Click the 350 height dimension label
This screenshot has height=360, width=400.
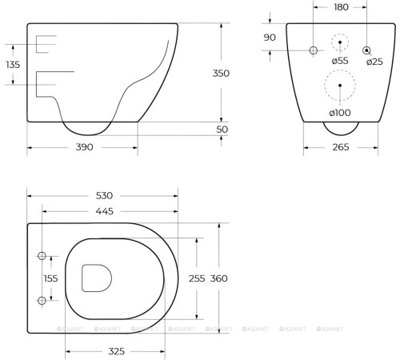pos(221,74)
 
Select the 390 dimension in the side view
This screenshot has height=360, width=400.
pos(84,147)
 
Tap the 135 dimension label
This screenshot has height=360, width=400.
pos(13,65)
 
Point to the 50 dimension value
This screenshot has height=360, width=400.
pos(222,130)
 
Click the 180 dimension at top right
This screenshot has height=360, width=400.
pos(341,7)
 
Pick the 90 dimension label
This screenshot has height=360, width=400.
pos(270,38)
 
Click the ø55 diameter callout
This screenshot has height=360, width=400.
pos(340,61)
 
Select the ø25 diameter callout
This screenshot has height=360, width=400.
pos(374,62)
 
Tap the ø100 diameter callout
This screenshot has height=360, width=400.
pos(340,113)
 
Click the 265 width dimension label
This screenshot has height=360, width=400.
pos(341,147)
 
